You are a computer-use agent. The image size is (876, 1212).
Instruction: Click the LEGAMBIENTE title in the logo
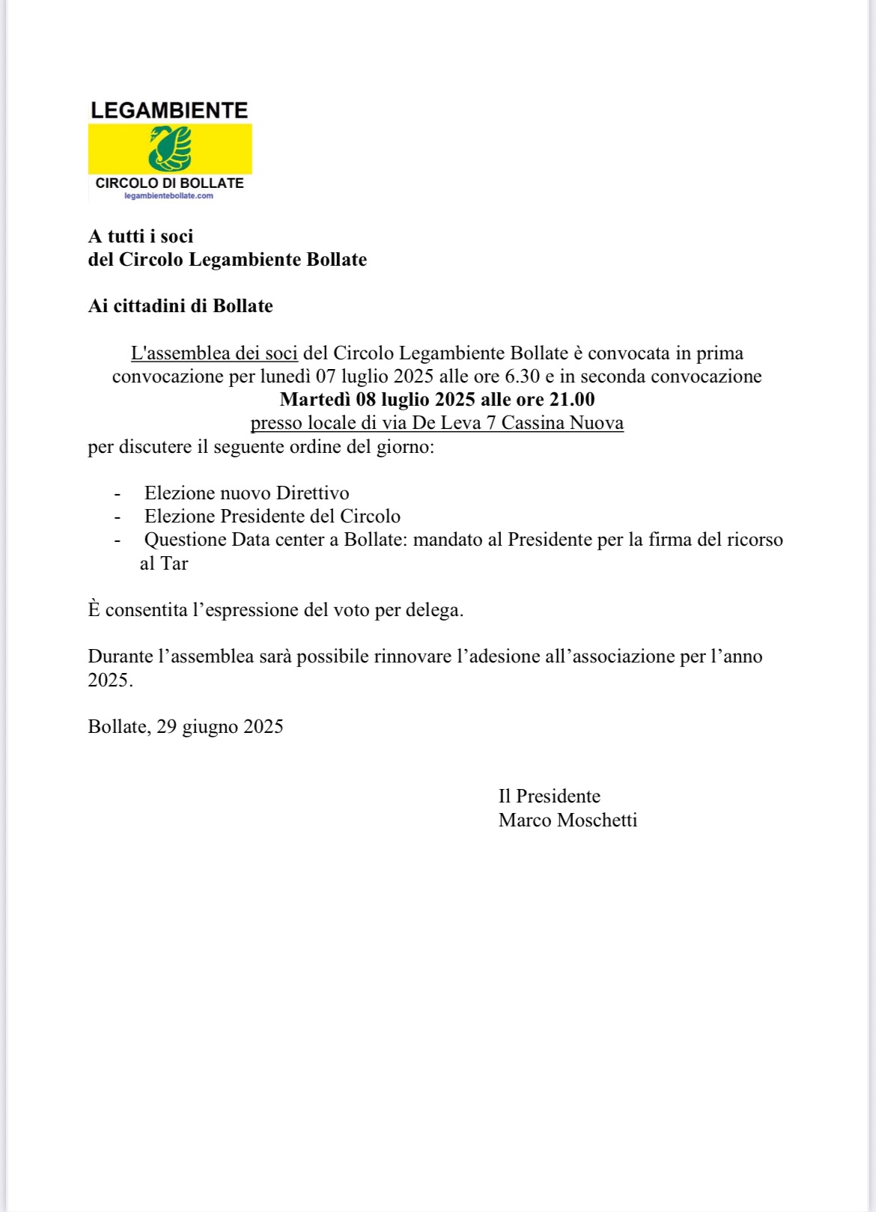coord(169,111)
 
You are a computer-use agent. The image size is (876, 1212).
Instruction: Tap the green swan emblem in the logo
coord(170,148)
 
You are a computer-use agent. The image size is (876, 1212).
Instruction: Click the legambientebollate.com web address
coord(168,196)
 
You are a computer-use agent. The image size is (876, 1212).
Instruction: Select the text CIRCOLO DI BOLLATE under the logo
coord(169,183)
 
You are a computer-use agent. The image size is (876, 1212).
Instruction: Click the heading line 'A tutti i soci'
coord(141,237)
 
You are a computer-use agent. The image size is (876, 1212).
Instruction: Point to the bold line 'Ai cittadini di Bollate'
coord(180,306)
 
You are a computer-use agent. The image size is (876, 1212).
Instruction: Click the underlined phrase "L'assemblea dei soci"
coord(214,353)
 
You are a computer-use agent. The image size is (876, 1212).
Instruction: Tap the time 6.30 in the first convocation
coord(523,377)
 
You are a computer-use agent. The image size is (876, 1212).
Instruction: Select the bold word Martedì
coord(315,400)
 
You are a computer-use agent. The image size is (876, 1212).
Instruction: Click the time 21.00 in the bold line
coord(572,400)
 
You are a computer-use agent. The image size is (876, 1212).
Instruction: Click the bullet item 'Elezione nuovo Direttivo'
coord(246,493)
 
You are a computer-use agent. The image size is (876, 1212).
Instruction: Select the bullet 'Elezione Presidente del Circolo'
coord(272,517)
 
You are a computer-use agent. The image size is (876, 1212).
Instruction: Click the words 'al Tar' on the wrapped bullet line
coord(164,564)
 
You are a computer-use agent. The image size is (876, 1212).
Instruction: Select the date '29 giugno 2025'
coord(220,727)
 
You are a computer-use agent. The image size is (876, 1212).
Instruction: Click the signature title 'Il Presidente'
coord(549,797)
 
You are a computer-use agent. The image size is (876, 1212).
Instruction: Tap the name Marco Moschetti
coord(568,820)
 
